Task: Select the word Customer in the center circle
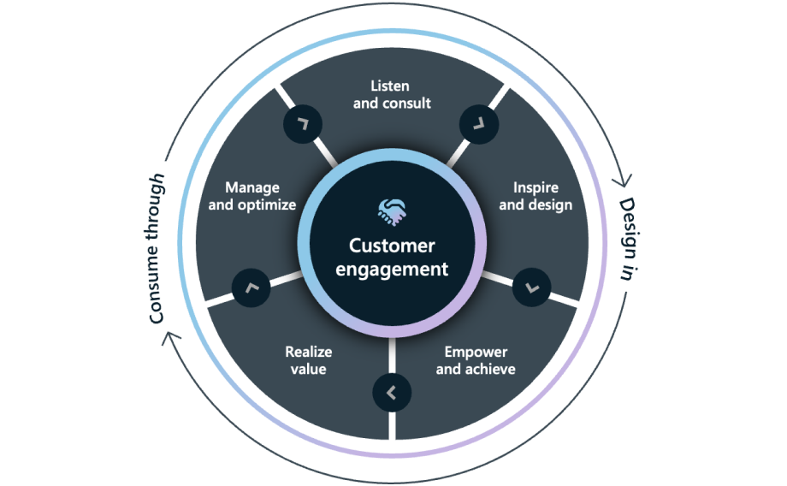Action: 392,246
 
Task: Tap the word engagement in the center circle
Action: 392,270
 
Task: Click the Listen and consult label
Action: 391,94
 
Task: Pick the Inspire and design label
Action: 536,196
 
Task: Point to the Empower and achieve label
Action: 476,360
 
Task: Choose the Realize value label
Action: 307,360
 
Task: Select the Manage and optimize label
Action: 251,196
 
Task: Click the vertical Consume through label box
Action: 152,246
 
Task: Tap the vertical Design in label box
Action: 635,239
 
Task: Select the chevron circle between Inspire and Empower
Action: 531,288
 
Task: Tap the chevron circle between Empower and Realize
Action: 392,394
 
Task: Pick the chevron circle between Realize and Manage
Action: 251,288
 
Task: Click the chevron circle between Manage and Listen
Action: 302,124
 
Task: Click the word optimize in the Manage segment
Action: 268,205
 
